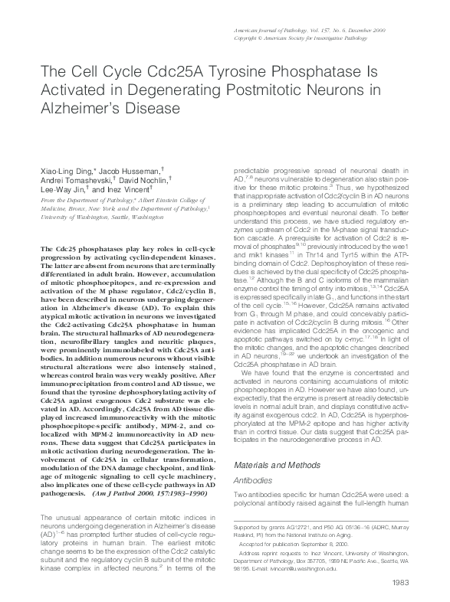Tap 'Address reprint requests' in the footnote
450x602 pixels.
tap(269, 554)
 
